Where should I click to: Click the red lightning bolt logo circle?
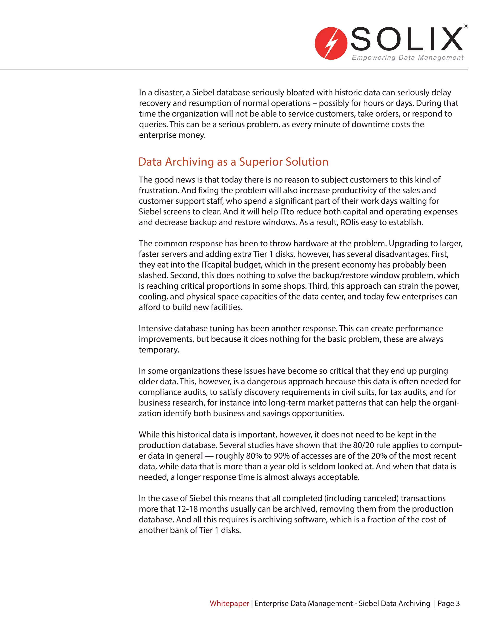click(x=331, y=44)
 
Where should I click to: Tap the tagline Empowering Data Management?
click(x=407, y=57)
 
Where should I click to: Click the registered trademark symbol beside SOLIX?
click(x=466, y=26)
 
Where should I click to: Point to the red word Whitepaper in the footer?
click(x=229, y=603)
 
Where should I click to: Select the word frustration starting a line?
click(x=159, y=190)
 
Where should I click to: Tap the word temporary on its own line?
click(x=159, y=350)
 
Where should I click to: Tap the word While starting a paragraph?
click(x=149, y=435)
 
